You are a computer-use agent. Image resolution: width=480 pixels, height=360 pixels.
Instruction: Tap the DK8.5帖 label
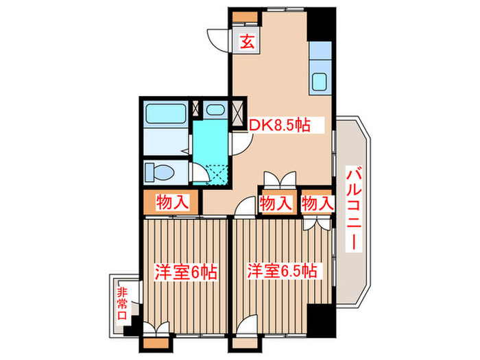280,125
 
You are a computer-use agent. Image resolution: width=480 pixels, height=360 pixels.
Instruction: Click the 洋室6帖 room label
186,272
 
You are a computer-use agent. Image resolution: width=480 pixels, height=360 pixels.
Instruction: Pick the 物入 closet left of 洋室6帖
171,202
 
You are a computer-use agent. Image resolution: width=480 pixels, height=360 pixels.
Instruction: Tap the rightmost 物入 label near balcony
316,203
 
